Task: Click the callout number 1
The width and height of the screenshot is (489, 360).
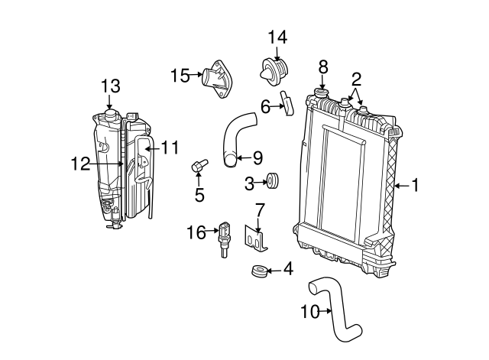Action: coord(416,184)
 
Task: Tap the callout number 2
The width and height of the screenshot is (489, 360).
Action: coord(355,78)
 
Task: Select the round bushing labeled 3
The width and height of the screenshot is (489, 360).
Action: coord(273,183)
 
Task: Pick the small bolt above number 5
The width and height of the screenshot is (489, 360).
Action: coord(199,166)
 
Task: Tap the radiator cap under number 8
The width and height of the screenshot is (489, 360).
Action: coord(322,96)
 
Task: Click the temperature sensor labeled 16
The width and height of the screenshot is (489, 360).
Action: coord(224,233)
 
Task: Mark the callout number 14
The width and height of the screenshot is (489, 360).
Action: coord(277,36)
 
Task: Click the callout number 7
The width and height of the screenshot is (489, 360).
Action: coord(260,209)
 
